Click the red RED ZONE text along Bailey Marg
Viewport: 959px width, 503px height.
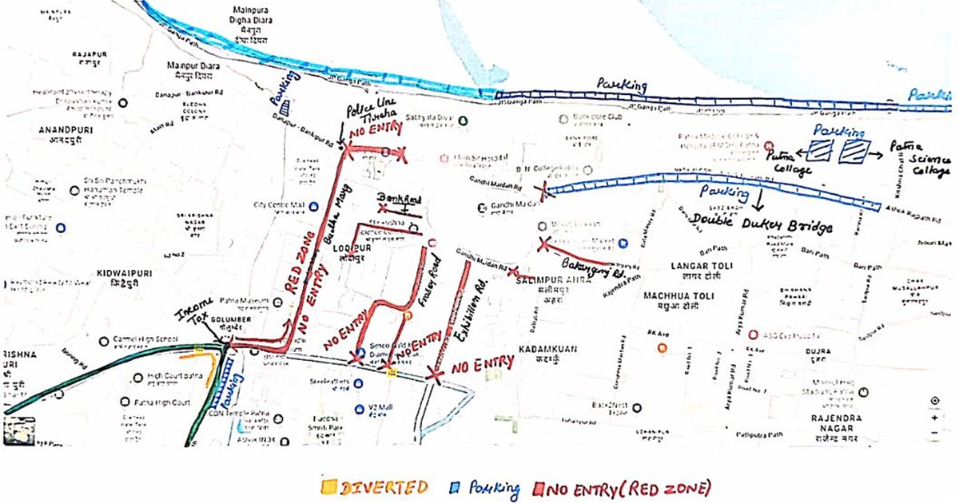tap(296, 273)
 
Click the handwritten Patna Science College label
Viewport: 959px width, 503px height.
tap(926, 158)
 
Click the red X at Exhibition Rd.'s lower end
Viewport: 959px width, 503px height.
tap(435, 372)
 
